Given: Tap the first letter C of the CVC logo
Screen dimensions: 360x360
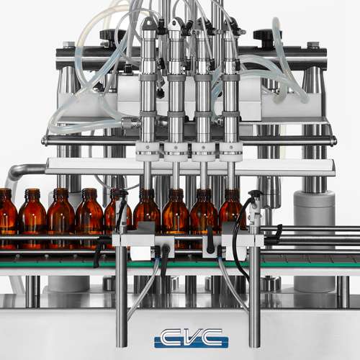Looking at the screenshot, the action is pos(170,337).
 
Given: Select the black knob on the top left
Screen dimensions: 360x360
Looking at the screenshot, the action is pos(110,36).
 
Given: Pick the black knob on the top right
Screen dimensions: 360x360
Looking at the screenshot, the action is pos(264,36).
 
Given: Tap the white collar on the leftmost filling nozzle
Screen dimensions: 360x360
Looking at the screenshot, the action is pos(148,150).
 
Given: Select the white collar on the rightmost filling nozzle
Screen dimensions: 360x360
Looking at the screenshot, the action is pos(231,151).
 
